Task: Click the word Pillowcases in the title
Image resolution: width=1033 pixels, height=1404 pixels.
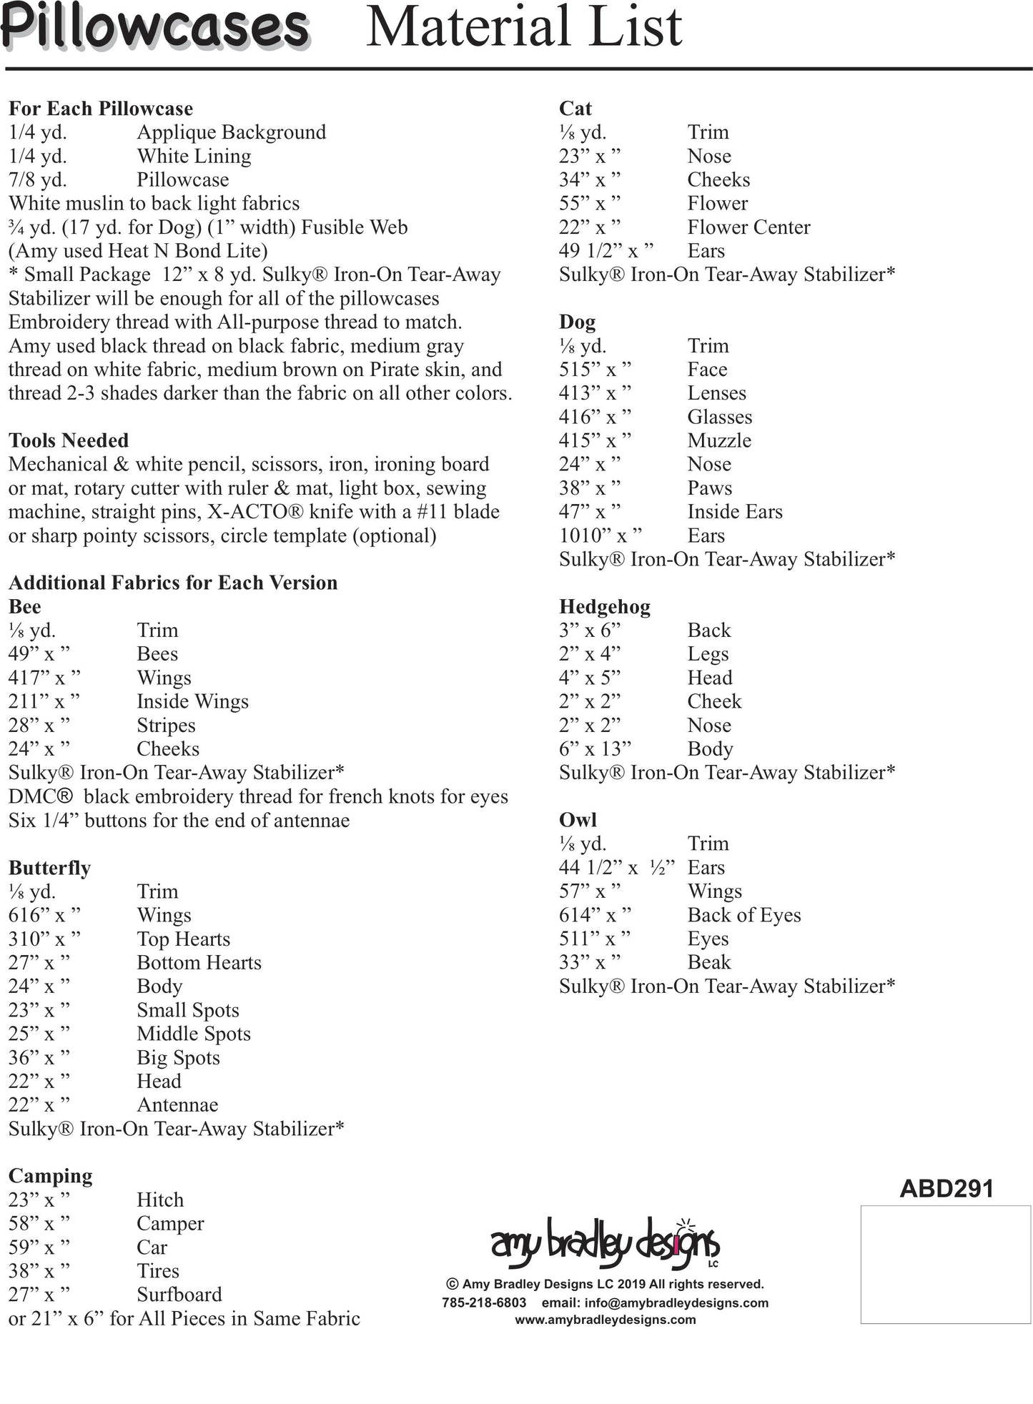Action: tap(154, 27)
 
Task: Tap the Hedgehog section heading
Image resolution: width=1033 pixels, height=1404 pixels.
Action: tap(604, 607)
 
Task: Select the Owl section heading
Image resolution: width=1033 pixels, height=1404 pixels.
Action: tap(578, 820)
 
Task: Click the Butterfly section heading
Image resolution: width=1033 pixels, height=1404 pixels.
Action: tap(49, 868)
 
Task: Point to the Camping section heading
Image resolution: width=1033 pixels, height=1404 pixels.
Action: tap(50, 1176)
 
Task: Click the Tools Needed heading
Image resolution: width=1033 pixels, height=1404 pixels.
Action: tap(69, 440)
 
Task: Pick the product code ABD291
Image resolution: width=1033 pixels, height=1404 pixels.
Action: tap(946, 1188)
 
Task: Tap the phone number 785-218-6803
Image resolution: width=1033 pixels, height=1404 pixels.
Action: tap(484, 1302)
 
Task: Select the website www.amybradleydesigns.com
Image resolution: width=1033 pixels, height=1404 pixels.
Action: tap(605, 1320)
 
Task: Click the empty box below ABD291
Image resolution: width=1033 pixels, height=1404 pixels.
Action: tap(945, 1264)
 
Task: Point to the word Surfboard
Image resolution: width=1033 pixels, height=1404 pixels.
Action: tap(179, 1295)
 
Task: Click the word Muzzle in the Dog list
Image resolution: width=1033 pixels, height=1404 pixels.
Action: tap(719, 440)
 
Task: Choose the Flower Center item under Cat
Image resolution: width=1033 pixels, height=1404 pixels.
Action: tap(748, 227)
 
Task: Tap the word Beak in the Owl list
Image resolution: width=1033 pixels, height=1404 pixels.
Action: tap(709, 962)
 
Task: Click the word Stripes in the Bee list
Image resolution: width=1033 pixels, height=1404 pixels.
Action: tap(166, 726)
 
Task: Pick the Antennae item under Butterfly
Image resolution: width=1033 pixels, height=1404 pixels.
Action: tap(177, 1104)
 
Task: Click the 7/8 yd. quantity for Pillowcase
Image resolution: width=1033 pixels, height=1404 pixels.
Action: tap(38, 179)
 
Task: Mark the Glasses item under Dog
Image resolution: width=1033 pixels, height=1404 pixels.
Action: tap(720, 417)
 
